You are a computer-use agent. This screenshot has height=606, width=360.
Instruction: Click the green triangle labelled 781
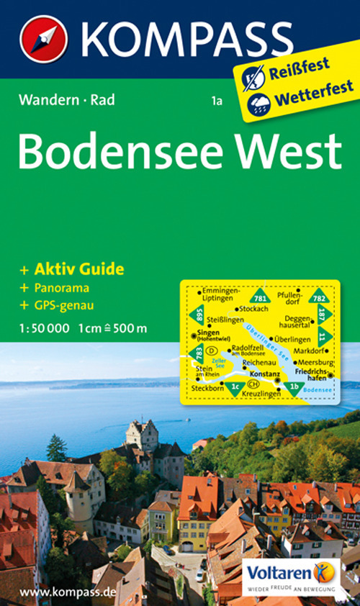260,296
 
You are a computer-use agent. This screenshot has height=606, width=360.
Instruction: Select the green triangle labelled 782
317,296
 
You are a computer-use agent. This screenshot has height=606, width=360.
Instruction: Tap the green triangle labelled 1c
235,389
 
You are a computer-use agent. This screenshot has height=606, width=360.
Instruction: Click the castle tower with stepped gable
142,434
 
